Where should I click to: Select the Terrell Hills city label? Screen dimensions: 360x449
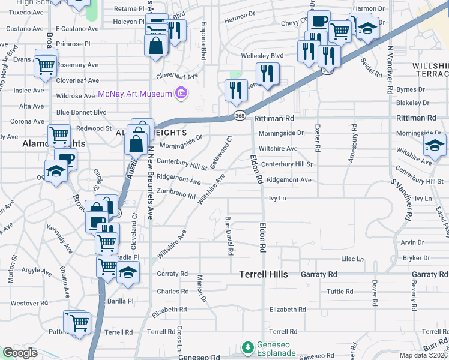point(264,274)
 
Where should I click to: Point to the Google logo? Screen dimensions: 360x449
point(20,353)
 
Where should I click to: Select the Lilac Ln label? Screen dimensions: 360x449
point(352,259)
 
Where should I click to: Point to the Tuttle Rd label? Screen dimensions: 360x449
point(340,292)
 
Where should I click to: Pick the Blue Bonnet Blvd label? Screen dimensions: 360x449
point(81,112)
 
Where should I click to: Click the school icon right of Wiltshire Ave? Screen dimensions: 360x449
point(435,145)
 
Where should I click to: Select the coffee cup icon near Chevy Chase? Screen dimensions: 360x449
point(319,22)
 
